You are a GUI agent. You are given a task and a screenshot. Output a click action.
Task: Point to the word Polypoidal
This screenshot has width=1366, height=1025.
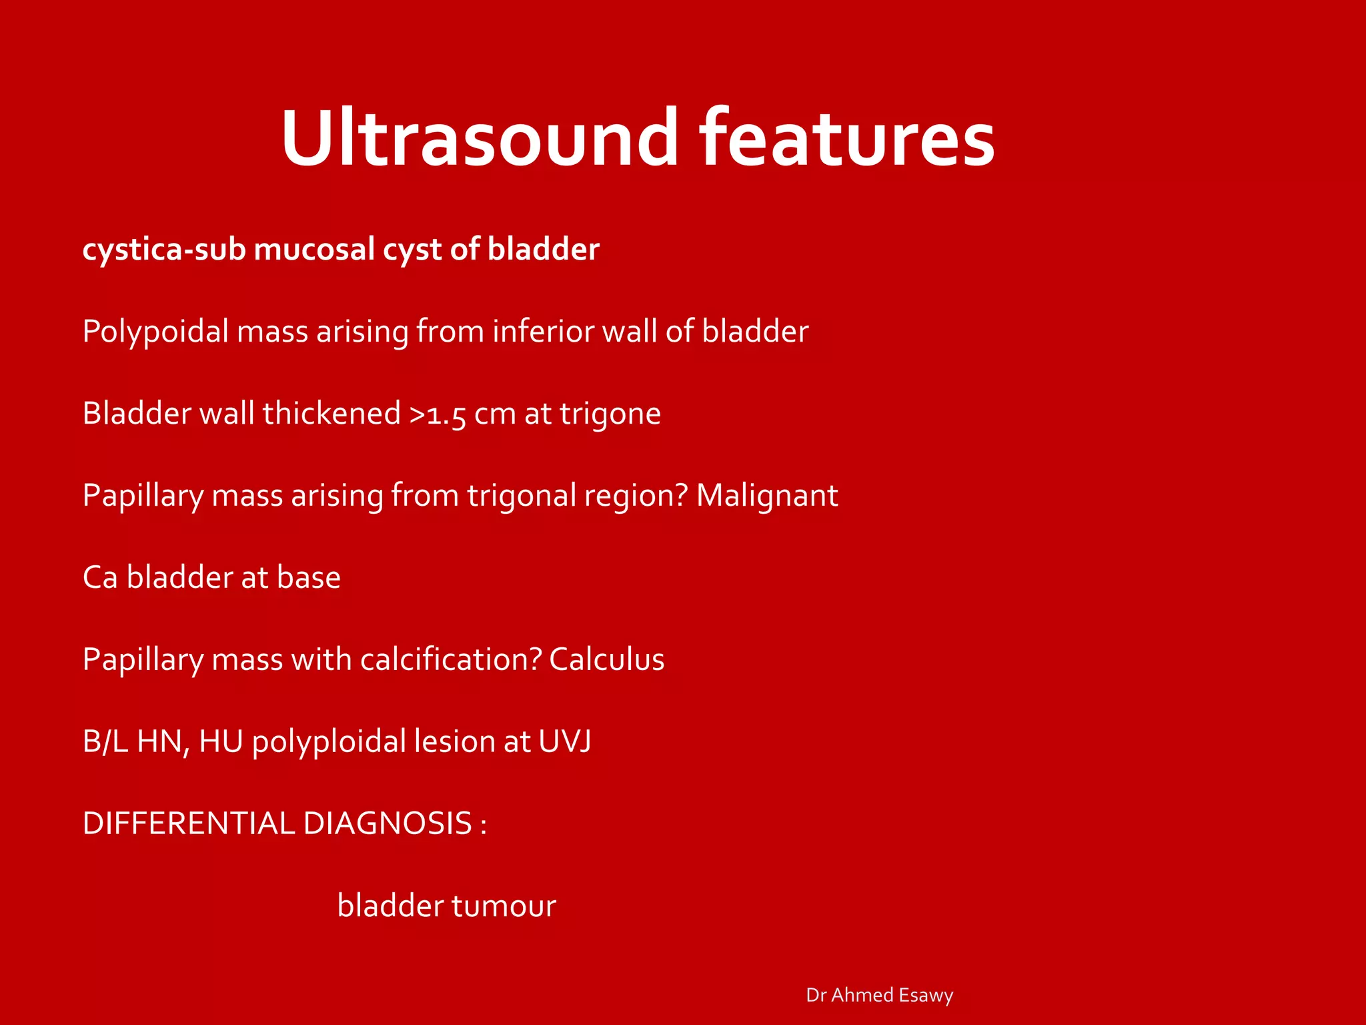[x=155, y=332]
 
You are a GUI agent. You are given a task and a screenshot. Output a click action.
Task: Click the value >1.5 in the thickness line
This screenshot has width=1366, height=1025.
[x=437, y=414]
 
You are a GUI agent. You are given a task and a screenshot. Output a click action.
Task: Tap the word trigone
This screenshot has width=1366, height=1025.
[x=610, y=414]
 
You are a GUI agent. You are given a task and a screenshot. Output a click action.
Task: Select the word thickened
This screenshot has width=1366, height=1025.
[x=331, y=414]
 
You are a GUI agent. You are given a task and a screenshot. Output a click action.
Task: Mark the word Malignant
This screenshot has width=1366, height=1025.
[x=767, y=496]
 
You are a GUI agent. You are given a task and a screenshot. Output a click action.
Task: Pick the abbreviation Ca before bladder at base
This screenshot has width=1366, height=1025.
[x=100, y=578]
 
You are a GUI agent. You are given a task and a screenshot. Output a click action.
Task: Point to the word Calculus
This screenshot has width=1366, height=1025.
[x=606, y=660]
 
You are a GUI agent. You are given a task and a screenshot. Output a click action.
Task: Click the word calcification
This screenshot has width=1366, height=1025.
[x=450, y=660]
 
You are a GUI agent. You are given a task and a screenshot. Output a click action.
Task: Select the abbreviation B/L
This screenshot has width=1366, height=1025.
[x=105, y=742]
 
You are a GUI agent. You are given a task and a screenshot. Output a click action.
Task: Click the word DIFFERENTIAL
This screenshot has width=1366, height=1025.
[x=188, y=824]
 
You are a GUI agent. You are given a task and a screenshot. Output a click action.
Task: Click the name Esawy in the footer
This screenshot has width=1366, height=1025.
[x=926, y=995]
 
